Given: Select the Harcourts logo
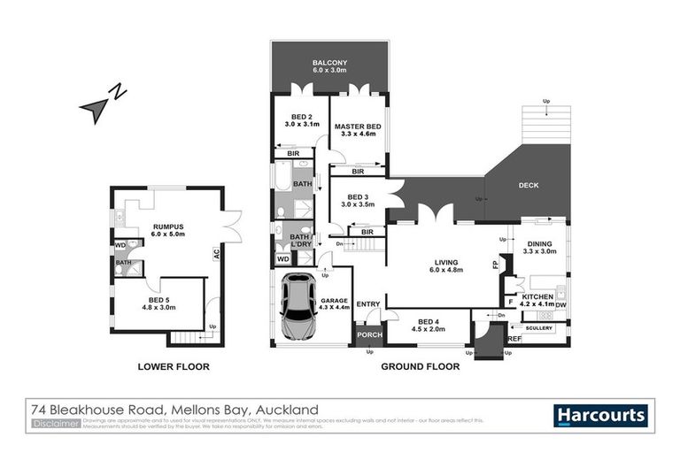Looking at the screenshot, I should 600,415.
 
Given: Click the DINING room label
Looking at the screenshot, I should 541,247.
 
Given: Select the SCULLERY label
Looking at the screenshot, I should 538,328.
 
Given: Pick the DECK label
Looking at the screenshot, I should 529,185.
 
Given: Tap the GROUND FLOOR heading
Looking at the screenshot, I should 420,365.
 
